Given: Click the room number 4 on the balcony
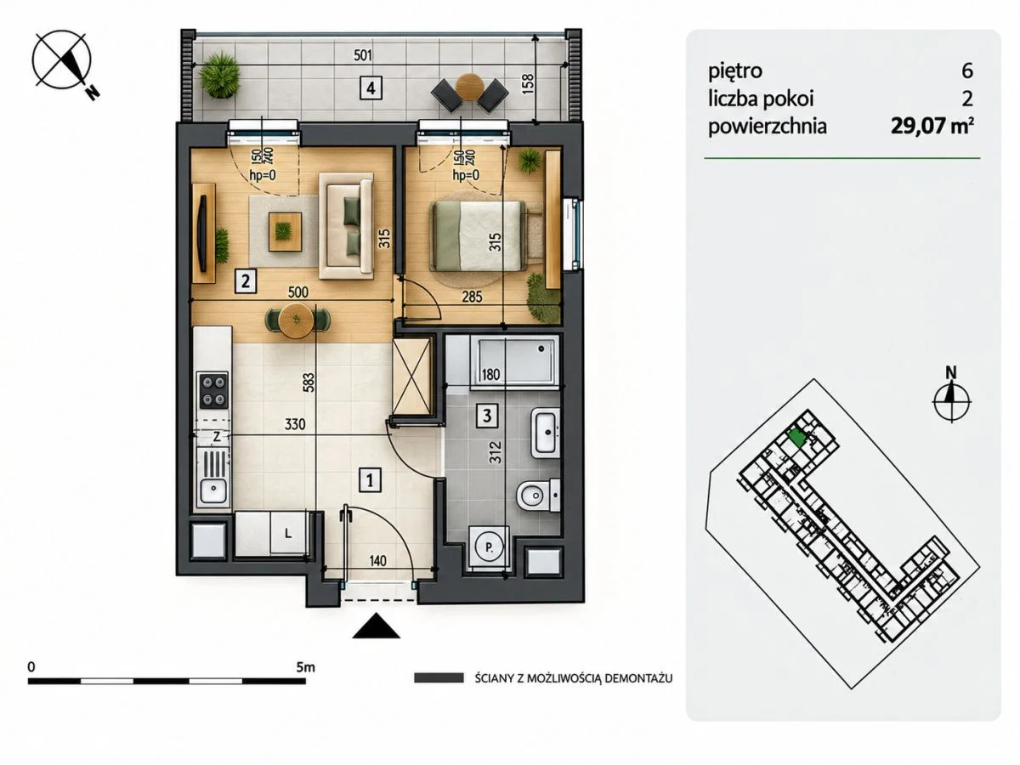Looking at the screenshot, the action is [x=371, y=88].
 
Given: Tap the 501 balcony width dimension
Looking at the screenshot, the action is [x=363, y=55].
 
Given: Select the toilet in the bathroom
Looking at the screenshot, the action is [x=539, y=496].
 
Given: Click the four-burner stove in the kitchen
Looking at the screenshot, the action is [x=213, y=390].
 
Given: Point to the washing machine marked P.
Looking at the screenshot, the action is [x=489, y=548].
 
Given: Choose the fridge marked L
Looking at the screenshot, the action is [x=288, y=533].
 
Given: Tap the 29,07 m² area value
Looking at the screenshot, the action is [x=932, y=126].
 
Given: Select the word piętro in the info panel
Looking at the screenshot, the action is [x=735, y=71].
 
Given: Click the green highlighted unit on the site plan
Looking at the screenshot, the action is [x=797, y=438].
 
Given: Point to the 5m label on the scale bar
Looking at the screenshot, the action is [x=305, y=667].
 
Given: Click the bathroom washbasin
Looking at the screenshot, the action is [x=546, y=433].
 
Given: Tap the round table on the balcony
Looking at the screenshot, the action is [x=470, y=88].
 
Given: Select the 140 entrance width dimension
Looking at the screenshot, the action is [x=378, y=561].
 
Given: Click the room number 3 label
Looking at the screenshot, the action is [x=487, y=416].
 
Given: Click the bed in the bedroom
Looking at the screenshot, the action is [x=479, y=235].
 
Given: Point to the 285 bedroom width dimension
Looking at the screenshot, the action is [x=472, y=297].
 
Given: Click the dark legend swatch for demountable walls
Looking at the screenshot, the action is [x=439, y=678].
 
